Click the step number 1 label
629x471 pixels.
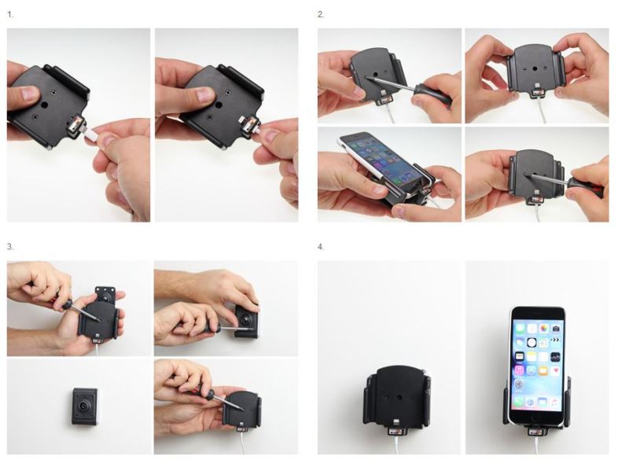tap(10, 15)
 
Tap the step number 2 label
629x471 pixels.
tap(321, 15)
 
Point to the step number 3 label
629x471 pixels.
tap(10, 247)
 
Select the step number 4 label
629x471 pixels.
tap(321, 247)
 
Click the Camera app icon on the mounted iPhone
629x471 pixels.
tap(555, 329)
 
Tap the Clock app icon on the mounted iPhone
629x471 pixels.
tap(532, 343)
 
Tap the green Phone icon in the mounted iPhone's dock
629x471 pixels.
tap(520, 402)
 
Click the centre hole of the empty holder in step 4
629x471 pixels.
tap(399, 398)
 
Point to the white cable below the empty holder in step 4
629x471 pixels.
tap(396, 446)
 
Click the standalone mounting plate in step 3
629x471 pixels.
tap(84, 406)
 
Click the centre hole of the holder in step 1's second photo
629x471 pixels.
tap(219, 105)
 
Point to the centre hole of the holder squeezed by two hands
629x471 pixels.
tap(536, 68)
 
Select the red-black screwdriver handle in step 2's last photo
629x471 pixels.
tap(587, 186)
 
